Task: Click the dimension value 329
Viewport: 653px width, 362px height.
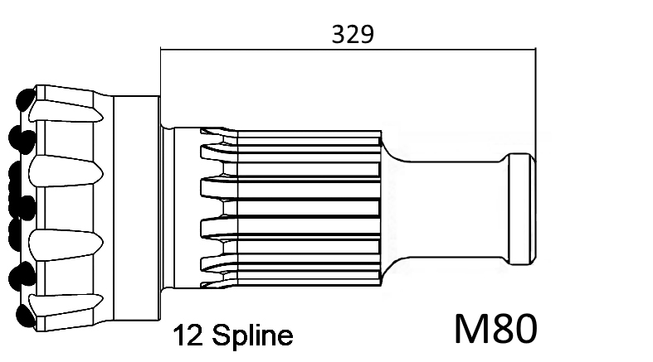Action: click(x=353, y=34)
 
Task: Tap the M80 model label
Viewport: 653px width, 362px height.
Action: click(x=495, y=329)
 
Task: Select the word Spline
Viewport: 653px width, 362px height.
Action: click(x=252, y=335)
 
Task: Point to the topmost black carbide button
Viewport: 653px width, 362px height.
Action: click(x=26, y=99)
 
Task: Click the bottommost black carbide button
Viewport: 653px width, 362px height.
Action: click(x=26, y=315)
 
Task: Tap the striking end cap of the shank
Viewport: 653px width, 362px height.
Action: click(x=521, y=209)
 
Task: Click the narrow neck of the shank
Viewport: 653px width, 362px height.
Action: click(x=454, y=209)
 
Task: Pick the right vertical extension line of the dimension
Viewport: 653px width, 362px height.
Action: click(x=536, y=104)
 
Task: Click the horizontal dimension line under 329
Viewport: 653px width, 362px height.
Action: click(x=348, y=50)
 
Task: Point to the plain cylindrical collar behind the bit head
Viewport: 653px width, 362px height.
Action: click(x=137, y=208)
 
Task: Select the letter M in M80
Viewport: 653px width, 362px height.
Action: click(x=472, y=329)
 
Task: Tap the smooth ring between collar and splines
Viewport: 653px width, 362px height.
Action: click(x=187, y=208)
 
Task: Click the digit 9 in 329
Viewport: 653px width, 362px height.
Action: click(x=367, y=35)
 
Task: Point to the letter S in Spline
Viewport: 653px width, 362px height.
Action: click(x=221, y=335)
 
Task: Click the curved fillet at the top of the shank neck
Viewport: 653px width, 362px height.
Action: click(x=393, y=152)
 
